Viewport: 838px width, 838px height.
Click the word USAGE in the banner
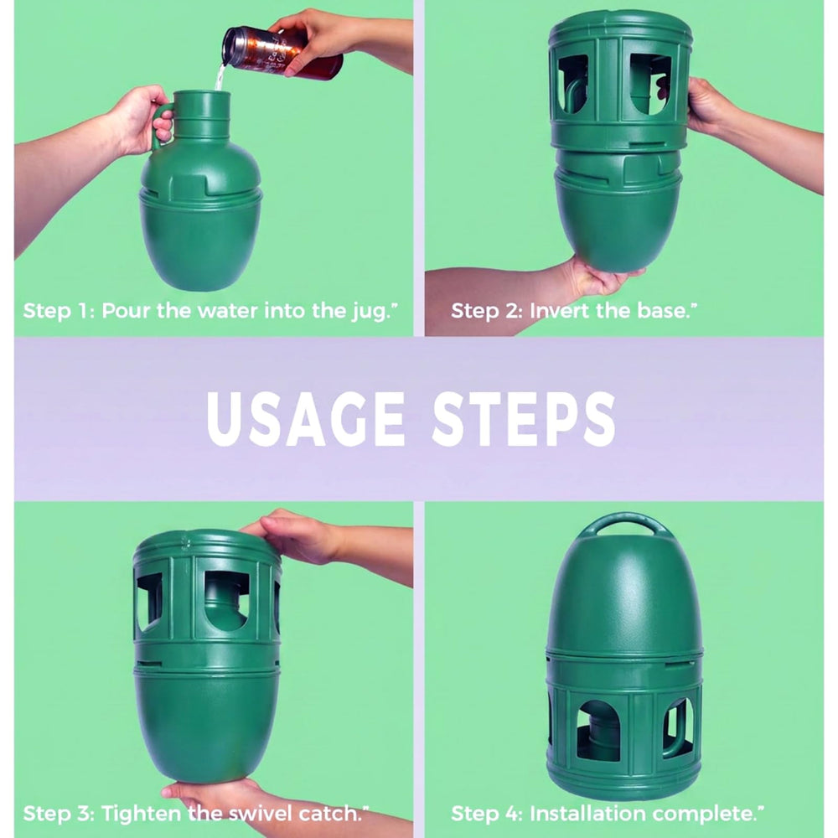306,419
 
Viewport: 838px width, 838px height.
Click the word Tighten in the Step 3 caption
141,814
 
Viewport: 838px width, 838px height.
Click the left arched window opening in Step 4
598,730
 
